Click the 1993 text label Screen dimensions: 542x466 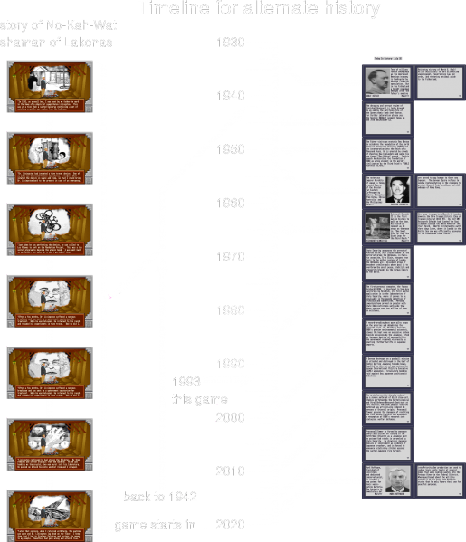[x=185, y=381]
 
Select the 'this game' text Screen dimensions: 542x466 [x=198, y=398]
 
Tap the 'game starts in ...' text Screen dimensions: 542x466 [x=162, y=525]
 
